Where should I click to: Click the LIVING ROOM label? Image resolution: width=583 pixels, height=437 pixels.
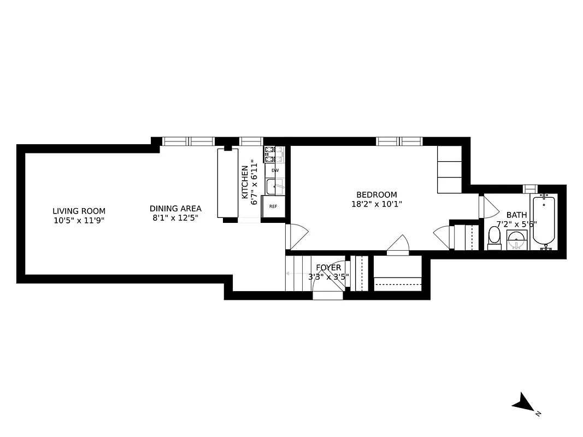pos(79,211)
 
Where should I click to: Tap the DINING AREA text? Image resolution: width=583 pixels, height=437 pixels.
pos(175,208)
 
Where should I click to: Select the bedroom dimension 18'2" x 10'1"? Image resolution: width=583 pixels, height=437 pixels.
pos(376,204)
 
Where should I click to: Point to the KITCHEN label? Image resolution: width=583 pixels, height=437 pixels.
pos(245,182)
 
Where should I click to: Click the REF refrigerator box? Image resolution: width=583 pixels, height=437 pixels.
pos(273,206)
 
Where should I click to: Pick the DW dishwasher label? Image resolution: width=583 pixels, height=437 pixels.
pos(275,170)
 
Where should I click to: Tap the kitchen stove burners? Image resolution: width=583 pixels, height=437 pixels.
pos(274,155)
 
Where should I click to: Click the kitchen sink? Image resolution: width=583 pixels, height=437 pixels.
pos(274,187)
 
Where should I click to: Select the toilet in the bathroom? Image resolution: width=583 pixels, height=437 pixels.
pos(494,238)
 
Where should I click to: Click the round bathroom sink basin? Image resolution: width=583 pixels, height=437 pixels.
pos(516,240)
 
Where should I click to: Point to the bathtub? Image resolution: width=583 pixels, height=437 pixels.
pos(543,222)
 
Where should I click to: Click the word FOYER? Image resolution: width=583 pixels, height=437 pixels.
pos(328,268)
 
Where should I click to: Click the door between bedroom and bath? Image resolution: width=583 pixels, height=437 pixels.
pos(488,206)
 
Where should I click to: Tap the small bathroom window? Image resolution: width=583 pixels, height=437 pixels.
pos(531,189)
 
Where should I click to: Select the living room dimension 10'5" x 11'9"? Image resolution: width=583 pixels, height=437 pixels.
pos(79,221)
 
